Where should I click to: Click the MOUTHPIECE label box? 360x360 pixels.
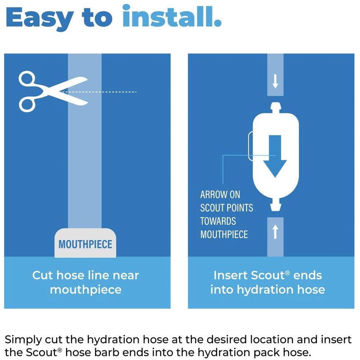85,245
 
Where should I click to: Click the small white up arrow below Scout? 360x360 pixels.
275,232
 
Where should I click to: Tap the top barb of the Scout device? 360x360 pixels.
275,108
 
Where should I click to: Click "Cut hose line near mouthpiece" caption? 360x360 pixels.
85,282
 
